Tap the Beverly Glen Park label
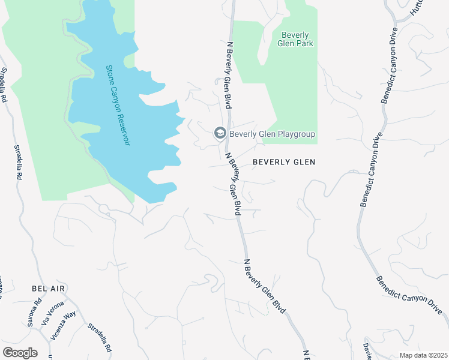click(x=296, y=39)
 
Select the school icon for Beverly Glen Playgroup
click(x=220, y=134)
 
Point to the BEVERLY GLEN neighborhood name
click(x=283, y=162)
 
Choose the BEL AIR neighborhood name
click(x=48, y=289)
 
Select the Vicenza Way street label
click(x=64, y=325)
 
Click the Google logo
click(x=20, y=353)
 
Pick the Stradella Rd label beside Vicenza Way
click(x=100, y=338)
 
